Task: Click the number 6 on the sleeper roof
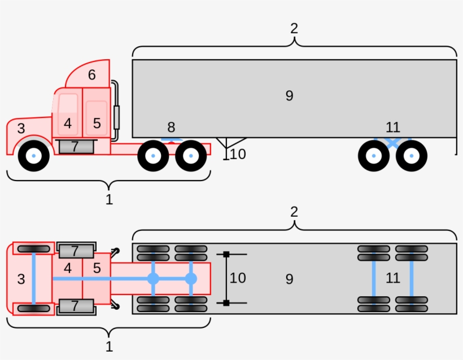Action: pos(91,75)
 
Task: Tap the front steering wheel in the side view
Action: pos(34,156)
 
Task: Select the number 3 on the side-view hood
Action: pos(21,129)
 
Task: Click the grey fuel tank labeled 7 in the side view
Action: pos(76,147)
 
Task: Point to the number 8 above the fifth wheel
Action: pos(171,128)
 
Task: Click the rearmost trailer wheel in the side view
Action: pos(411,156)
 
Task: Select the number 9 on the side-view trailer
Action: pos(289,96)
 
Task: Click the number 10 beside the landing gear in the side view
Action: pos(238,154)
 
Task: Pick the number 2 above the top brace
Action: pos(294,28)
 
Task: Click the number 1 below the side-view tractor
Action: pos(109,199)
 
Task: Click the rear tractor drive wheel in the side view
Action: pos(191,156)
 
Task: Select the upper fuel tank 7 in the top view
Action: pos(76,250)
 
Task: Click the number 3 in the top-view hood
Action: pos(21,279)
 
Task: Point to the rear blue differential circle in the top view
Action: pos(191,279)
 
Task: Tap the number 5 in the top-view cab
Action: pos(97,268)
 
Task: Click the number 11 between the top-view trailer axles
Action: pos(392,278)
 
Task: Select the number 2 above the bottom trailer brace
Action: pos(294,212)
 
